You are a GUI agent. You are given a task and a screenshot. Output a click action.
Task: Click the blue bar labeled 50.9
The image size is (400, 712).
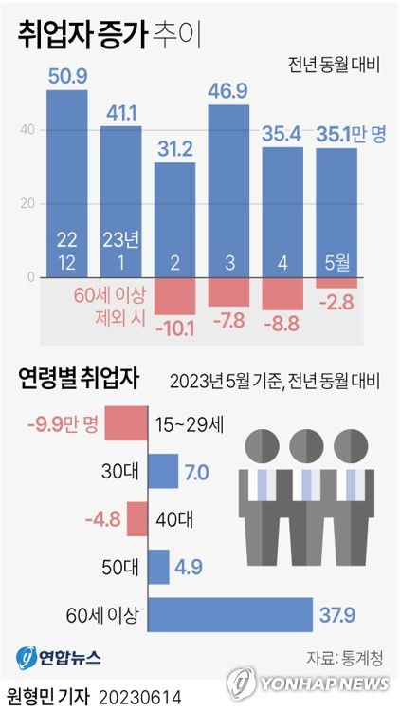click(67, 180)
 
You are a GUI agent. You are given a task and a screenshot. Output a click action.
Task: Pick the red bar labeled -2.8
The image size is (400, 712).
click(336, 283)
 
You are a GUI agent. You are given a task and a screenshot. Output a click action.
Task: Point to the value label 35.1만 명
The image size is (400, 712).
click(351, 134)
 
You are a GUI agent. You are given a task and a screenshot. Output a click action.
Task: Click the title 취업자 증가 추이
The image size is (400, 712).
click(110, 36)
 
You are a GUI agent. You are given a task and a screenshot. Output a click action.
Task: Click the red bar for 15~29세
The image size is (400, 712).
click(125, 423)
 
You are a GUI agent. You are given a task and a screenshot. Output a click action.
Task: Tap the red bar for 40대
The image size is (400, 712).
click(136, 519)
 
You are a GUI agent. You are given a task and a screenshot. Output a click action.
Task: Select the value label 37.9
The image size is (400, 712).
click(336, 615)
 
